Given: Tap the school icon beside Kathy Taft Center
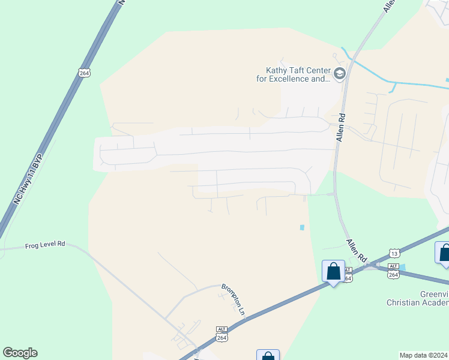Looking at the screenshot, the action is (339, 74).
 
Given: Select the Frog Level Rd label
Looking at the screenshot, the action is (45, 245).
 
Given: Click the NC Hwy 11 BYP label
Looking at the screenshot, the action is (28, 181).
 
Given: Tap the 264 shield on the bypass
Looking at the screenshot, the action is (83, 73).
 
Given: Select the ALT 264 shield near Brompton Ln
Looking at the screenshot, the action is (221, 334).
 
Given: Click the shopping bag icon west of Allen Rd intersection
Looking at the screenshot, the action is (333, 272).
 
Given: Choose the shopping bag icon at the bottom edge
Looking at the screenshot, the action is (268, 356).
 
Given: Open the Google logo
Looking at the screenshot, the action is (20, 353).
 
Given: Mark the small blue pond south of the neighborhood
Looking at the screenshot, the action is (301, 227).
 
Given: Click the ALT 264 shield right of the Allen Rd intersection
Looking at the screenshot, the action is (393, 271).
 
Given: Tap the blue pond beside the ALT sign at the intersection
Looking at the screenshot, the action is (402, 266).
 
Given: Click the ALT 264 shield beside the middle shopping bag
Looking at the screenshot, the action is (348, 275).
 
